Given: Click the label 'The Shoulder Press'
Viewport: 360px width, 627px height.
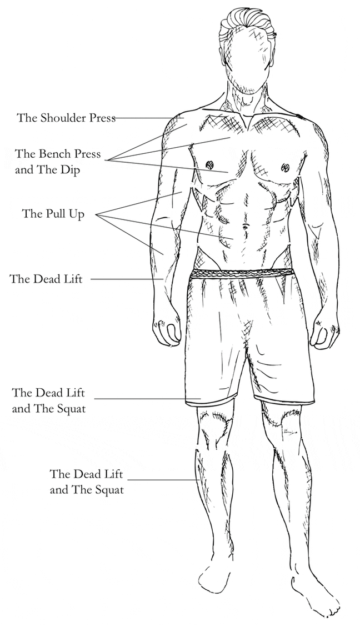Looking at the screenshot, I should click(x=66, y=118).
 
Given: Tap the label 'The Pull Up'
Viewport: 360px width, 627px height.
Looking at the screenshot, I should click(x=53, y=214).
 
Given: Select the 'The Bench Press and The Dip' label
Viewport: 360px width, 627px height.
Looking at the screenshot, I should click(x=58, y=162).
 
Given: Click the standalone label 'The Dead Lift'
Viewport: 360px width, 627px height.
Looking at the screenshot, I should click(x=46, y=279).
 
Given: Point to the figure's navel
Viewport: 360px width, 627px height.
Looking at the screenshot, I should click(x=242, y=227).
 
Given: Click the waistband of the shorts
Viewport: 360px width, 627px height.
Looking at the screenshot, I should click(x=242, y=273).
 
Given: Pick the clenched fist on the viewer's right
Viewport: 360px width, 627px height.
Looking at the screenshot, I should click(x=323, y=332).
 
